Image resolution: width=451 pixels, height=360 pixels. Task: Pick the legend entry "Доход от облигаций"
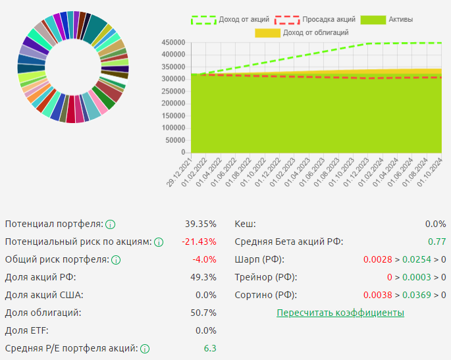tap(315, 32)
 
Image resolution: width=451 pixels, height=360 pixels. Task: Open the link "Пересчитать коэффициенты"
tap(340, 313)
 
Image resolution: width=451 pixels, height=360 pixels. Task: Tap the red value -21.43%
tap(199, 242)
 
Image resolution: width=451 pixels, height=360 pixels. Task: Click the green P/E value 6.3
tap(210, 348)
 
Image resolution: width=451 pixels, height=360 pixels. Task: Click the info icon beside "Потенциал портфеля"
tap(111, 224)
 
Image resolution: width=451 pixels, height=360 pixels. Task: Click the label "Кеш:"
tap(246, 224)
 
